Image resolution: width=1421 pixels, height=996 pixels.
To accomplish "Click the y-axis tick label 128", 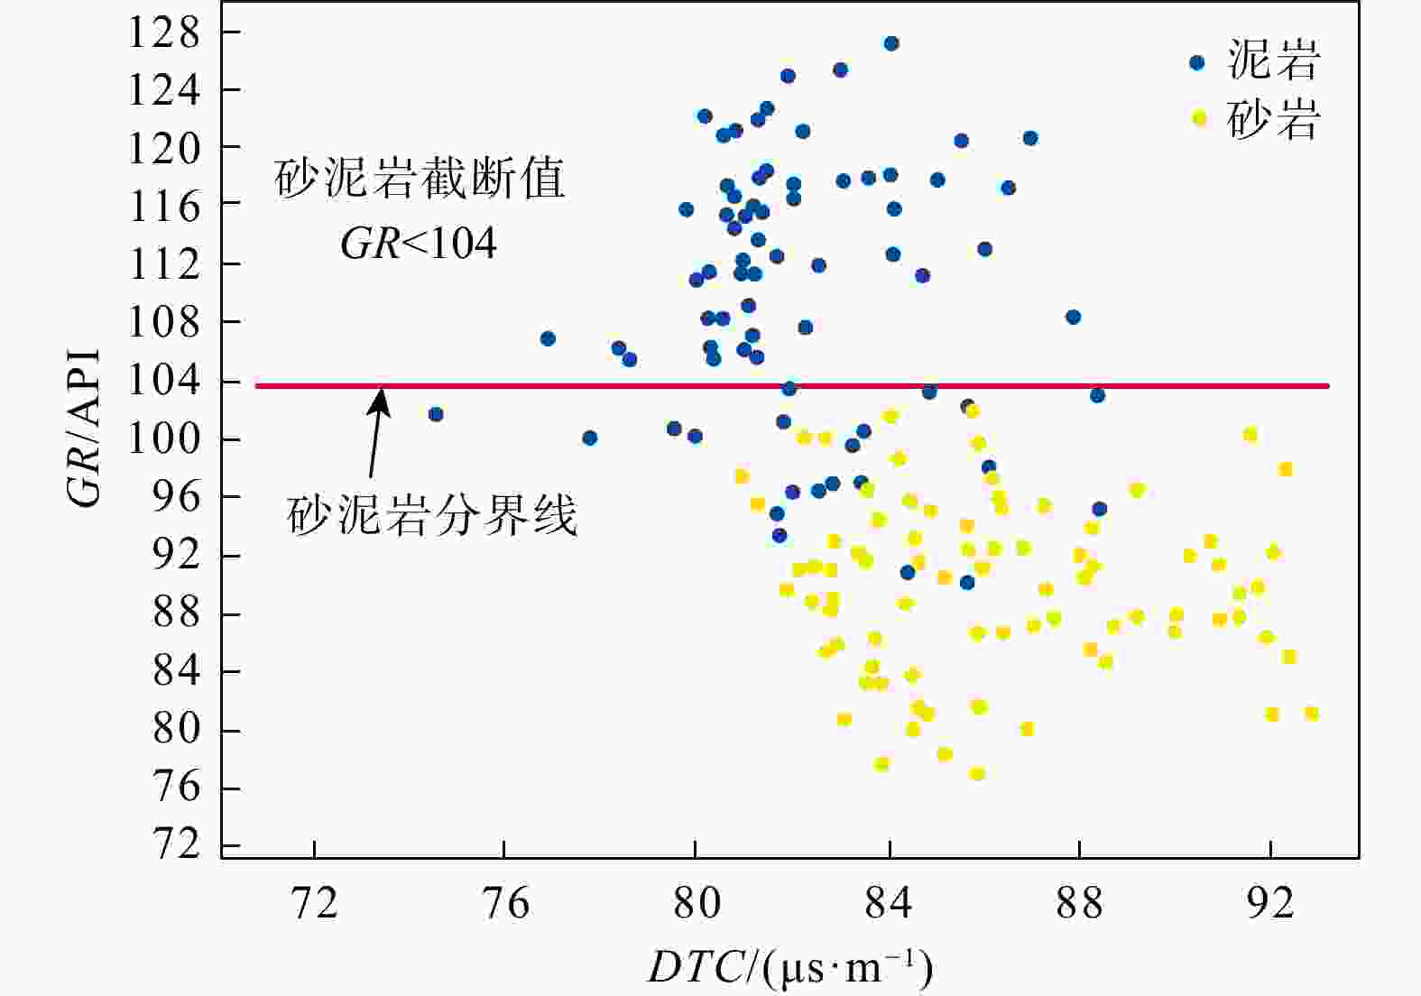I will [x=163, y=33].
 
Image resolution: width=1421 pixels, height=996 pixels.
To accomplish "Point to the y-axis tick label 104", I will [x=163, y=381].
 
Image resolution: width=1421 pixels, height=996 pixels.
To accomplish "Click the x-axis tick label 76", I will [x=504, y=902].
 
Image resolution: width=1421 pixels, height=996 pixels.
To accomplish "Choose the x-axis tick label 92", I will [x=1270, y=902].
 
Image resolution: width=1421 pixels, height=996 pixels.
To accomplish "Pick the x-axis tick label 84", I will [x=889, y=902].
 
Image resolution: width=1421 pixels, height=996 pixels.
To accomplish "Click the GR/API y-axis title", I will [x=86, y=429].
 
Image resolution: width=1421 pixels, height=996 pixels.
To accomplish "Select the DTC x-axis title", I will [x=790, y=968].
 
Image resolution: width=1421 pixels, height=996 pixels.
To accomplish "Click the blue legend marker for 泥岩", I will [x=1197, y=62].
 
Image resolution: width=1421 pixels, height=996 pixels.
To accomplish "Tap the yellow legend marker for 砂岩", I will [x=1199, y=117].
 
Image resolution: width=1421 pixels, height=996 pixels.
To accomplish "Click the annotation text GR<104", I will [x=419, y=243].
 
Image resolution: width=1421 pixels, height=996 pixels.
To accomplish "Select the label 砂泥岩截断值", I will [x=420, y=179].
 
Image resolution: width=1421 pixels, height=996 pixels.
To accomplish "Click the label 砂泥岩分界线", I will [x=431, y=517].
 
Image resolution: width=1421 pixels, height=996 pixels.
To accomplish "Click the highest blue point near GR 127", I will [x=891, y=43].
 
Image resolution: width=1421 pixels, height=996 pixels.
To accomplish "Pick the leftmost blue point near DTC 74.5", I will [x=436, y=414].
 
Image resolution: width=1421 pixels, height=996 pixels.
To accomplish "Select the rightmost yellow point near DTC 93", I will [x=1312, y=714].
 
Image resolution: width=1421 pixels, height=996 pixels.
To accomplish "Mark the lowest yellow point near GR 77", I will [x=977, y=774].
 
